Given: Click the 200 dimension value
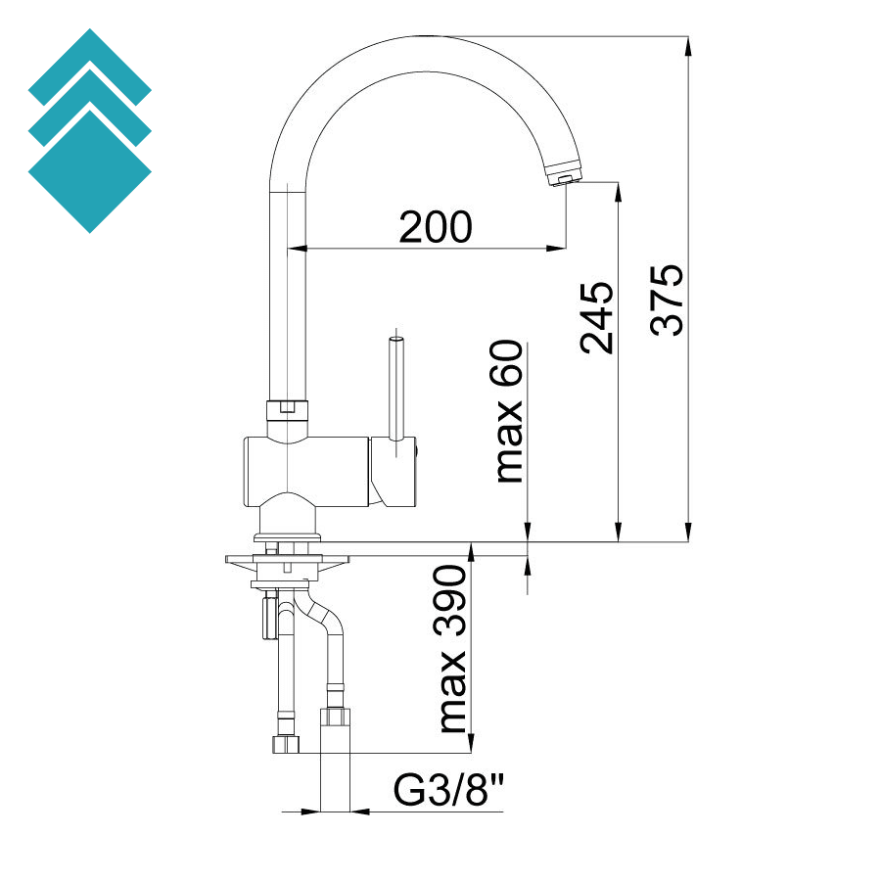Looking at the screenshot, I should pyautogui.click(x=436, y=227).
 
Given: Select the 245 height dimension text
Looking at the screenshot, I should pyautogui.click(x=595, y=317).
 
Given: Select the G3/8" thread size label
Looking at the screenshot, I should pyautogui.click(x=450, y=790).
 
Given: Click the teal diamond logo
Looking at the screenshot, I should pyautogui.click(x=90, y=131).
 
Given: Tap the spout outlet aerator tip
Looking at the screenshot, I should pyautogui.click(x=565, y=177).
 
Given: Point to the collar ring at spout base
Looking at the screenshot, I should pyautogui.click(x=288, y=408).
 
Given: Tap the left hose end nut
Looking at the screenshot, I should pyautogui.click(x=284, y=744).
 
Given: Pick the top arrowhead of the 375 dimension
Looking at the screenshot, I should pyautogui.click(x=689, y=45).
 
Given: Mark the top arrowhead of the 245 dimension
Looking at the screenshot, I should pyautogui.click(x=618, y=190).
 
